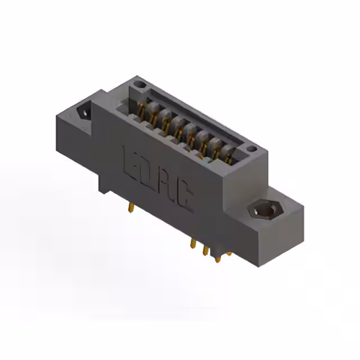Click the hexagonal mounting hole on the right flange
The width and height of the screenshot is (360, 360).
tap(262, 210)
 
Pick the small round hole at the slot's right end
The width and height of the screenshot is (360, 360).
tap(251, 149)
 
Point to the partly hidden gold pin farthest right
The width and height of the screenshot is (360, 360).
tap(229, 254)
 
